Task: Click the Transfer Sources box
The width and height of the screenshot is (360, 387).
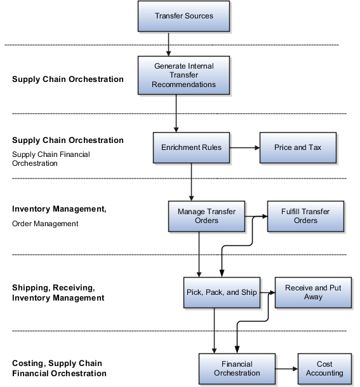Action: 183,16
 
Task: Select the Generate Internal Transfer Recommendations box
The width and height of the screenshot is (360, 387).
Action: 183,75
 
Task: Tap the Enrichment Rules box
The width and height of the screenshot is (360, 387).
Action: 191,147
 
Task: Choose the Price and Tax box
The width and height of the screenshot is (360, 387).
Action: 297,147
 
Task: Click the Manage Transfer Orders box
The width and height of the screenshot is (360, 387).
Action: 206,216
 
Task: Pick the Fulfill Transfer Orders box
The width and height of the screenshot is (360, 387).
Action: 305,216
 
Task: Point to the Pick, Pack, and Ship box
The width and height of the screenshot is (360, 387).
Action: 222,293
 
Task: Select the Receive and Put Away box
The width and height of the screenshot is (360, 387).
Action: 312,292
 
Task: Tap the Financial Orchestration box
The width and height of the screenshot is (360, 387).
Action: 237,369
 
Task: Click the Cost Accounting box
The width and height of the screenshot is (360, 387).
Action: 324,369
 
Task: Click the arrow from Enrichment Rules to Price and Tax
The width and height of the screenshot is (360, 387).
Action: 244,147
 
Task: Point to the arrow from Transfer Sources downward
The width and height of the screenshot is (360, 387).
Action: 169,43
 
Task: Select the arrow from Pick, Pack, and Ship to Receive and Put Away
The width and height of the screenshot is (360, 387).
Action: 267,293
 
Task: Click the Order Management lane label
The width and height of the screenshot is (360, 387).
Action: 45,224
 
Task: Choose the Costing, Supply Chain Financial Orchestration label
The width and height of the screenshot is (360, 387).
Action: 59,369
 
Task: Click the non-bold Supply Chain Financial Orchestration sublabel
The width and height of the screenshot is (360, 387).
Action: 51,158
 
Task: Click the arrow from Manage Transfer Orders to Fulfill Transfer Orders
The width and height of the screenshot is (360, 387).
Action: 255,217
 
